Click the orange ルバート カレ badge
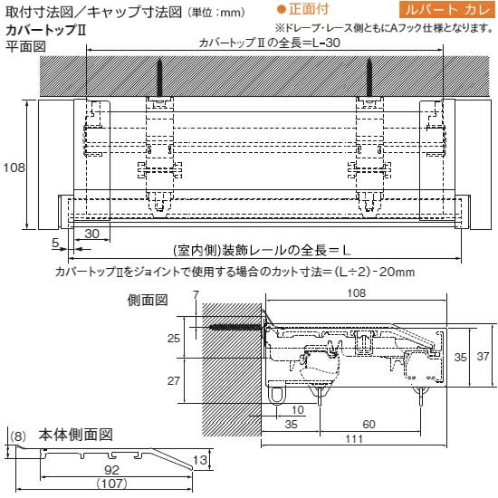(x=448, y=10)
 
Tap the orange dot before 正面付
(x=281, y=10)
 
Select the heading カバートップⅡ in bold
(x=46, y=30)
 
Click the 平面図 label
(x=25, y=46)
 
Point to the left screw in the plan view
(x=159, y=78)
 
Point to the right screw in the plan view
(x=369, y=78)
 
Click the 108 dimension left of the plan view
(x=14, y=168)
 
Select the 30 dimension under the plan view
(x=91, y=234)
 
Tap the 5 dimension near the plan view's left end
(x=55, y=243)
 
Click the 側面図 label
(x=148, y=300)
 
